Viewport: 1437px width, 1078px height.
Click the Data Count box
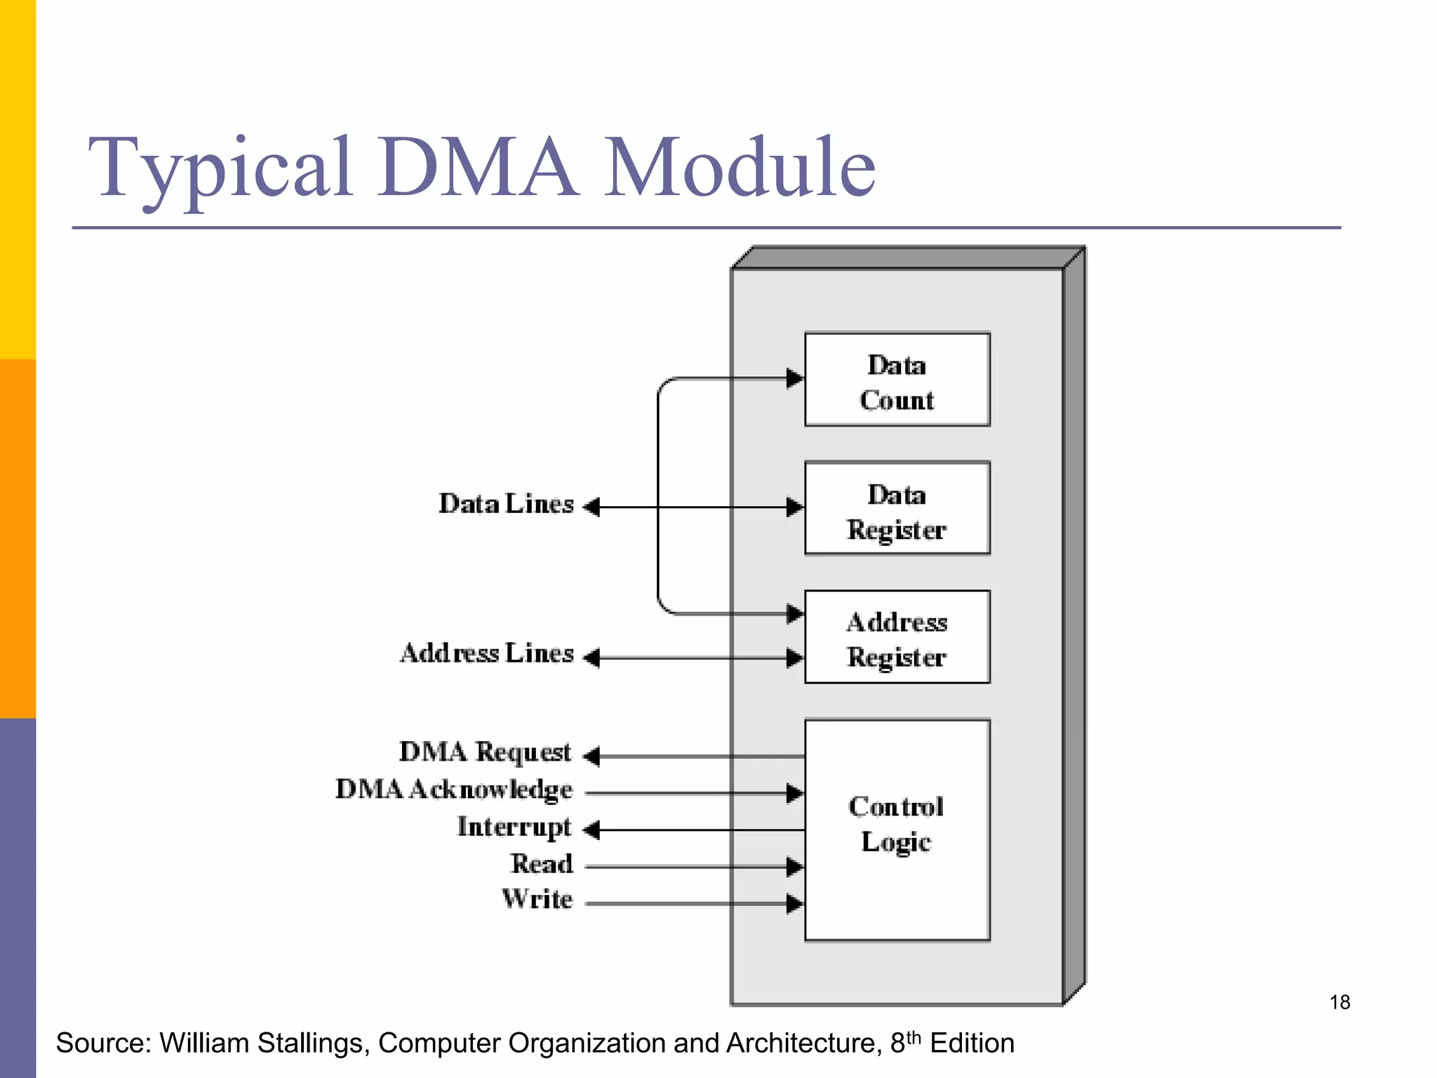897,380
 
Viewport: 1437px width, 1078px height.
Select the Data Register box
897,508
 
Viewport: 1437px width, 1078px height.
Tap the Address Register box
897,637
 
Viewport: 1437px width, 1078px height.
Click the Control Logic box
897,830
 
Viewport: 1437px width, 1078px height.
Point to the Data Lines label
506,505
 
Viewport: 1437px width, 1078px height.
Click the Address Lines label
487,653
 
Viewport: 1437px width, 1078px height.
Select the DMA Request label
485,752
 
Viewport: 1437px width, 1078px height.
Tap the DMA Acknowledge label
453,790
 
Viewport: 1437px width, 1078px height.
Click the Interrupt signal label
514,827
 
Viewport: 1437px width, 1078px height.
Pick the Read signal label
541,864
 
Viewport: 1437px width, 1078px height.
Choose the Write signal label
537,900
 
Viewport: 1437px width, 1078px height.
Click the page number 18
1339,1002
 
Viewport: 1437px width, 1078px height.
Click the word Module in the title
740,168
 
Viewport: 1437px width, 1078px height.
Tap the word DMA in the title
477,168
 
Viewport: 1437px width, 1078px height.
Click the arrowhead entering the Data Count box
795,378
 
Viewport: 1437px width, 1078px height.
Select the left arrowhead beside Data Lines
591,507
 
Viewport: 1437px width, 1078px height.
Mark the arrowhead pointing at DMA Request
591,757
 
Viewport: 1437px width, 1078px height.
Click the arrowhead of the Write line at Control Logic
795,904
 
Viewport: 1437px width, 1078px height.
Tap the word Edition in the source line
972,1044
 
